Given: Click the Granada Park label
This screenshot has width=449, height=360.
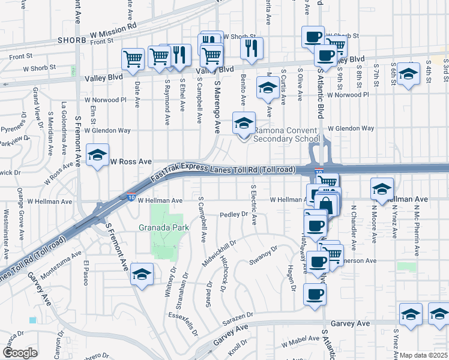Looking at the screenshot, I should click(x=164, y=228).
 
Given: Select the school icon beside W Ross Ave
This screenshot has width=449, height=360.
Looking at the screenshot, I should click(x=97, y=156).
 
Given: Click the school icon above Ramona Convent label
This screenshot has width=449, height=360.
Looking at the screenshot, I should click(x=244, y=124).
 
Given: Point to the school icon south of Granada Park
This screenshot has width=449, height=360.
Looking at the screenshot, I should click(x=141, y=275).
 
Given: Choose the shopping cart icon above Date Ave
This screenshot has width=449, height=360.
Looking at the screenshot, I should click(x=133, y=58).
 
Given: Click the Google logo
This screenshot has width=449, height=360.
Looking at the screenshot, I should click(x=20, y=352).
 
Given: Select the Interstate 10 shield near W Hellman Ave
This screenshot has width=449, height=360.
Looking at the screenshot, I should click(x=131, y=196).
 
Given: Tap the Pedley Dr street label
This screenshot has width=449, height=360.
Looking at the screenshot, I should click(x=234, y=214).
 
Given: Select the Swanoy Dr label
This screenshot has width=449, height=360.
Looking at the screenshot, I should click(x=264, y=256).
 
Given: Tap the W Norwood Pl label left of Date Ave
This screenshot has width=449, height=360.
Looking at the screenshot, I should click(x=106, y=100).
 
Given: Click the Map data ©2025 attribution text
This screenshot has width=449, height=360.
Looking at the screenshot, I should click(x=424, y=355).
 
